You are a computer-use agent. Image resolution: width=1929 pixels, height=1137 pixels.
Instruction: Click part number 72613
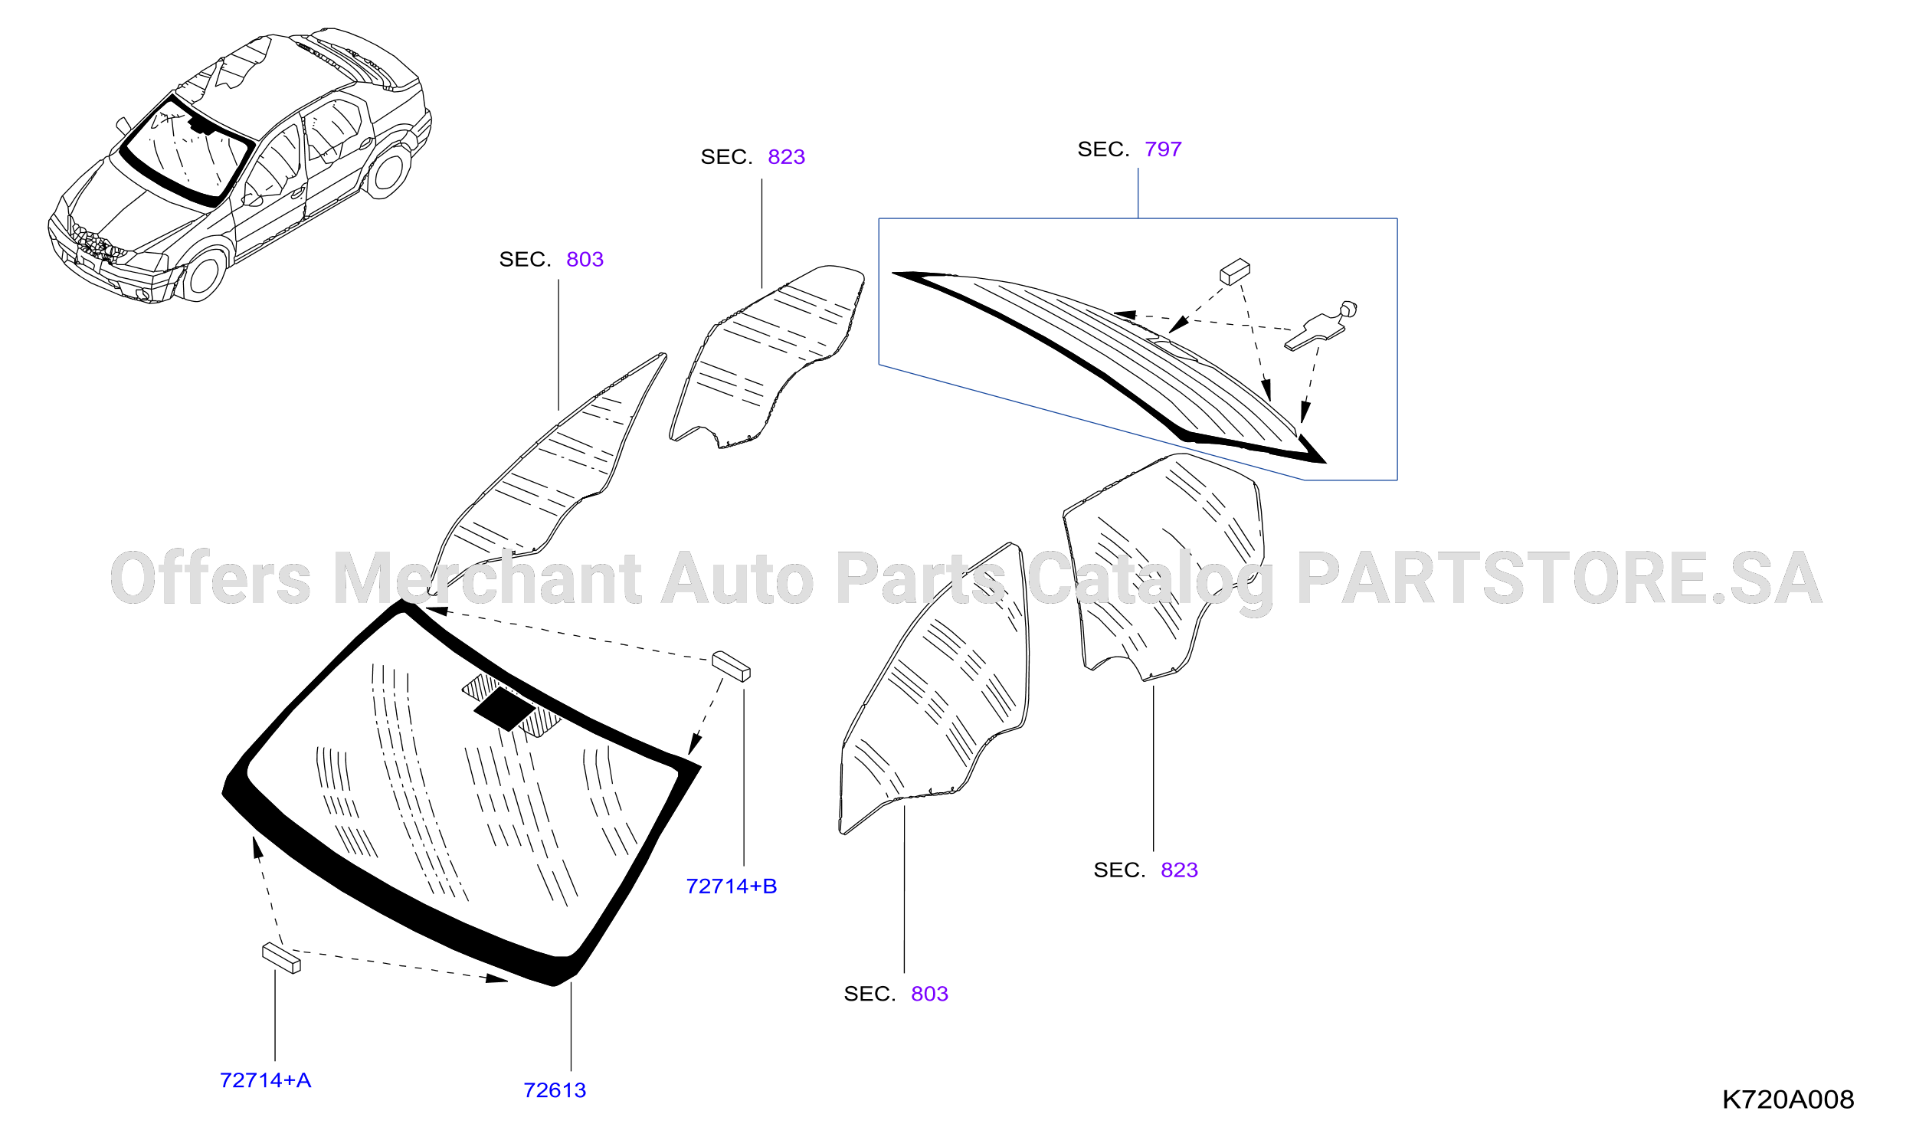[x=555, y=1090]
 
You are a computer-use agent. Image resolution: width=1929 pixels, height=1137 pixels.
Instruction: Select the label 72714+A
[x=265, y=1080]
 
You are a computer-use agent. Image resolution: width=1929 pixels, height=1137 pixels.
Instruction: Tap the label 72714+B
[x=732, y=886]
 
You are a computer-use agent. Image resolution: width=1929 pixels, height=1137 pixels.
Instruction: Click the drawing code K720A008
[x=1788, y=1099]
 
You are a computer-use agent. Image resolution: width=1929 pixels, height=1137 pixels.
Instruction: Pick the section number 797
[x=1163, y=149]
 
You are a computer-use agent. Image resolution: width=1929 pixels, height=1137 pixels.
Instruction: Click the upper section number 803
[x=585, y=260]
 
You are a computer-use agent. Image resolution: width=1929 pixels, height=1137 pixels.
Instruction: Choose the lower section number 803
[x=929, y=994]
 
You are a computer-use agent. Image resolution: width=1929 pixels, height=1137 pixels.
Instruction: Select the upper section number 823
[x=786, y=157]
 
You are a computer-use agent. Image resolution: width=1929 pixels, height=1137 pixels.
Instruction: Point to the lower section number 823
[x=1179, y=870]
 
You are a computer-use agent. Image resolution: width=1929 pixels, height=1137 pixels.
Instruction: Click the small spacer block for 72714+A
[x=281, y=958]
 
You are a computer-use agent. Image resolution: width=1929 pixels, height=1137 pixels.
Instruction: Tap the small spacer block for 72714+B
[x=731, y=666]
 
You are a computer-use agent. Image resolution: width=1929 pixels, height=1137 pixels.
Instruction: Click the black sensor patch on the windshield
[x=505, y=709]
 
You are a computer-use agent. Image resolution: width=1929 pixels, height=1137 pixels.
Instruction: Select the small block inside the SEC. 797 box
[x=1234, y=271]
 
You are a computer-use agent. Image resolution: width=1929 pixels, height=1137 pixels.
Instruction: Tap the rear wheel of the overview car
[x=389, y=170]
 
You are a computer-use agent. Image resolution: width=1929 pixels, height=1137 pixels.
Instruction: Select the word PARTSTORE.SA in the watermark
[x=1559, y=578]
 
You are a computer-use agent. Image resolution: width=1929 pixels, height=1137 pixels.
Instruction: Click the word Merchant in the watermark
[x=487, y=578]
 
